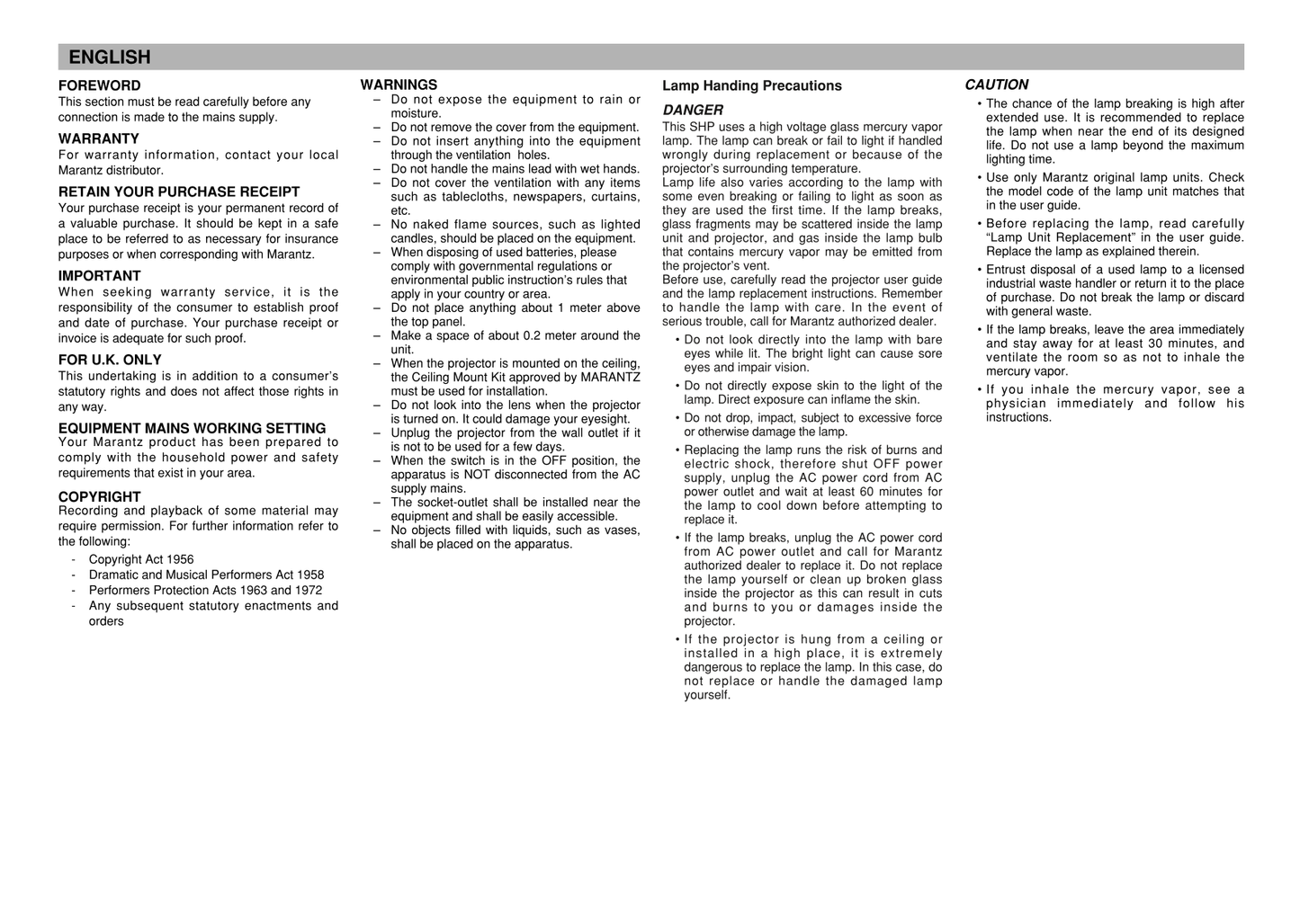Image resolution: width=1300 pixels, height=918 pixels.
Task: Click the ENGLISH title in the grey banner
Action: point(110,58)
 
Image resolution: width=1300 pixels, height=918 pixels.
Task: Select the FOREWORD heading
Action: point(100,85)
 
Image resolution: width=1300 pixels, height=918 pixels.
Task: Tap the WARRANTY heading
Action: point(99,138)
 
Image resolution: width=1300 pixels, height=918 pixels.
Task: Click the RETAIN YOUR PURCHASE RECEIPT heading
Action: point(179,192)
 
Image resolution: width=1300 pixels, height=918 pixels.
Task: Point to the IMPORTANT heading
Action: point(100,276)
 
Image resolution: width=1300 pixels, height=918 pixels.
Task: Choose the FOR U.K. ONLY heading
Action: point(110,360)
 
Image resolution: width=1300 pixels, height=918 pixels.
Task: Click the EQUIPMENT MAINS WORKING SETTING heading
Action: point(193,428)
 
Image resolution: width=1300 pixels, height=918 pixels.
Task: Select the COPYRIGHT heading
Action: point(100,496)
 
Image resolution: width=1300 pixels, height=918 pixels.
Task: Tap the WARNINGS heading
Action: point(399,85)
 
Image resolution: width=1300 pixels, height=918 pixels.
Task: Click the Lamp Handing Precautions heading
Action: point(752,85)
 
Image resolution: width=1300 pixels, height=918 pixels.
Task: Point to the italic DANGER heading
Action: point(693,110)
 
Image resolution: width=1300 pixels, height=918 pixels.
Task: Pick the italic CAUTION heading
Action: point(997,85)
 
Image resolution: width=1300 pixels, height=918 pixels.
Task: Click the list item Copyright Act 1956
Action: point(141,559)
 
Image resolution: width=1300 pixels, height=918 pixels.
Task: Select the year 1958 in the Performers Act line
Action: point(309,575)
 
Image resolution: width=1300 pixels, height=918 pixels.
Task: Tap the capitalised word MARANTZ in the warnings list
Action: point(611,377)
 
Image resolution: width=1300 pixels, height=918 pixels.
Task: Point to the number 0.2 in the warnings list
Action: point(533,335)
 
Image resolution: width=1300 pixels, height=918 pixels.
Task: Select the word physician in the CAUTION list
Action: point(1016,404)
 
